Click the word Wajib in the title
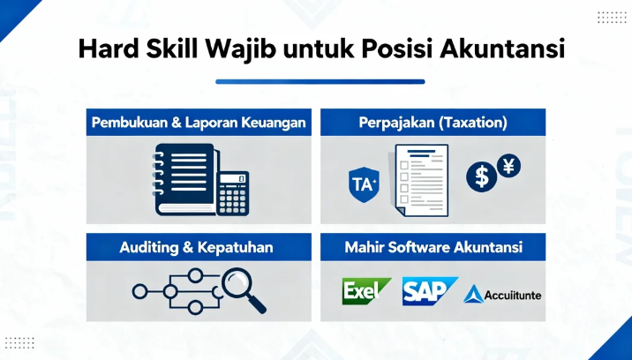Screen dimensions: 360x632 tap(239, 48)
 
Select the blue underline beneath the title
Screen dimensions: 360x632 tap(320, 81)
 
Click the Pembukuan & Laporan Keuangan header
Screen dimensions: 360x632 tap(199, 123)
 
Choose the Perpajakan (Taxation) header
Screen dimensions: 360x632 tap(433, 123)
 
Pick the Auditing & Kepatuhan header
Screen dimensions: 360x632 tap(199, 248)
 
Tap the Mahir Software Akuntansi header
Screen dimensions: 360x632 tap(433, 248)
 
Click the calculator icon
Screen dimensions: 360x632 tap(233, 192)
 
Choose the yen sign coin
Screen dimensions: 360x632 tap(509, 165)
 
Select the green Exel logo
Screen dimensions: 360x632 tap(365, 290)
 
